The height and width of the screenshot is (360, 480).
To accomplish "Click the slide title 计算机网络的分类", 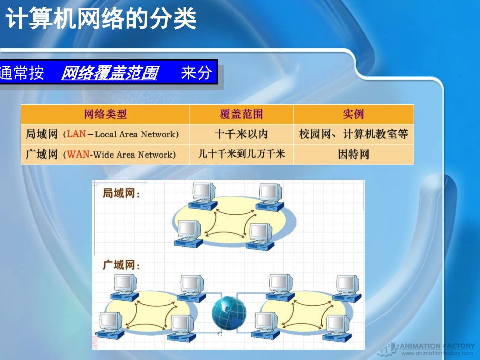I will tap(101, 20).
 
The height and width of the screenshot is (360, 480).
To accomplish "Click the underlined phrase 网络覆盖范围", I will tap(109, 74).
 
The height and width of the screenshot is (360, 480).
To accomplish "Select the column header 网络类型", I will tap(105, 114).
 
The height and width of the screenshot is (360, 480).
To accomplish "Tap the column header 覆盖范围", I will tap(241, 114).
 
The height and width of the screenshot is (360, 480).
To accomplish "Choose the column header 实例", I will tap(353, 114).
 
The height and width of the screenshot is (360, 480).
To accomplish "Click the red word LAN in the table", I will tap(76, 134).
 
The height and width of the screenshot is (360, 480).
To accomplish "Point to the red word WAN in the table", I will tap(78, 155).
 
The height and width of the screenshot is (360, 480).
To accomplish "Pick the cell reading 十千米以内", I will tap(241, 134).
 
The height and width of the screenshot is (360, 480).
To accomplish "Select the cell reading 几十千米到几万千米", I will tap(241, 154).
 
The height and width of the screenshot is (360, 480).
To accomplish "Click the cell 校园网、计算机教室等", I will tap(353, 134).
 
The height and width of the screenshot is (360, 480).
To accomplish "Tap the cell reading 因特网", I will tap(353, 155).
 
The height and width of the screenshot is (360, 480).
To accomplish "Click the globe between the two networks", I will tap(229, 312).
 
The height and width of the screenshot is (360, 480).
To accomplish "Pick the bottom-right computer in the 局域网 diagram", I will tap(260, 235).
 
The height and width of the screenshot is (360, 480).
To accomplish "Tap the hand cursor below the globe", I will tap(219, 333).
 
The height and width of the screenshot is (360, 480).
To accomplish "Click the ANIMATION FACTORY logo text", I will tap(437, 346).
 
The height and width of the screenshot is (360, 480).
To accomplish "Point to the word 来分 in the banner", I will tap(196, 74).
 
